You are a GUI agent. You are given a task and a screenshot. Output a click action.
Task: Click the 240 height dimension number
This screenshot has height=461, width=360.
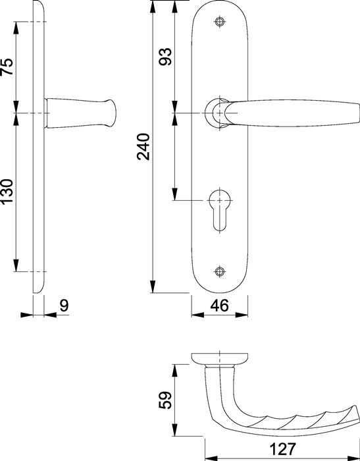[x=143, y=147]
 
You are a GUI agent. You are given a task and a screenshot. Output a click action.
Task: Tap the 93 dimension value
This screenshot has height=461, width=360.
[x=165, y=57]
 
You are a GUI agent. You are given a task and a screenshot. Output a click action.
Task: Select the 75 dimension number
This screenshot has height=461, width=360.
[x=7, y=67]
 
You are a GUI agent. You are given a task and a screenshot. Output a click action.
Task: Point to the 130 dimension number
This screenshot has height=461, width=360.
[x=7, y=192]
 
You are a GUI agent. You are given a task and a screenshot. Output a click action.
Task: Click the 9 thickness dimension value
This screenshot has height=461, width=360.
[x=64, y=306]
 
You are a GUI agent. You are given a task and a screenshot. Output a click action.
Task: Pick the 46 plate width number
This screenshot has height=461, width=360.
[x=219, y=306]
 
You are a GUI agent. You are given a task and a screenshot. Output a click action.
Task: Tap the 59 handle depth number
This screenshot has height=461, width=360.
[x=165, y=400]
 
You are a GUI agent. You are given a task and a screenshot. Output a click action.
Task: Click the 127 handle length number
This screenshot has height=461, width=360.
[x=282, y=449]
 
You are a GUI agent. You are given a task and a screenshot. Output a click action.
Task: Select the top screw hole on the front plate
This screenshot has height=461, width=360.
[x=220, y=22]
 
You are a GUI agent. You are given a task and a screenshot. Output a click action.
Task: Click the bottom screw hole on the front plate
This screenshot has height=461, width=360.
[x=220, y=271]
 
